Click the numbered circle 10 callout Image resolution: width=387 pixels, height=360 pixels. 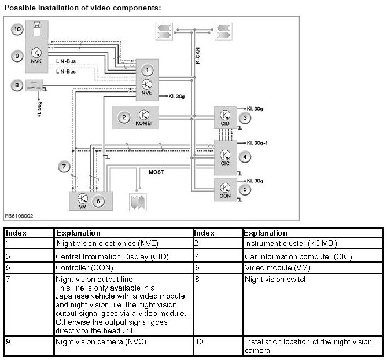point(17,29)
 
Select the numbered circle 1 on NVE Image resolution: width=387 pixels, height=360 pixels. point(148,70)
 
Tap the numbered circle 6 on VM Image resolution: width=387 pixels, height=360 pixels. point(99,200)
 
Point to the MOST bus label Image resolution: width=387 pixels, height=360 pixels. point(156,172)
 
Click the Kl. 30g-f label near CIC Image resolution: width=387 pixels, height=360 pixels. point(257,142)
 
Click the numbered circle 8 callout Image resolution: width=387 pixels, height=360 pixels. point(17,86)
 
